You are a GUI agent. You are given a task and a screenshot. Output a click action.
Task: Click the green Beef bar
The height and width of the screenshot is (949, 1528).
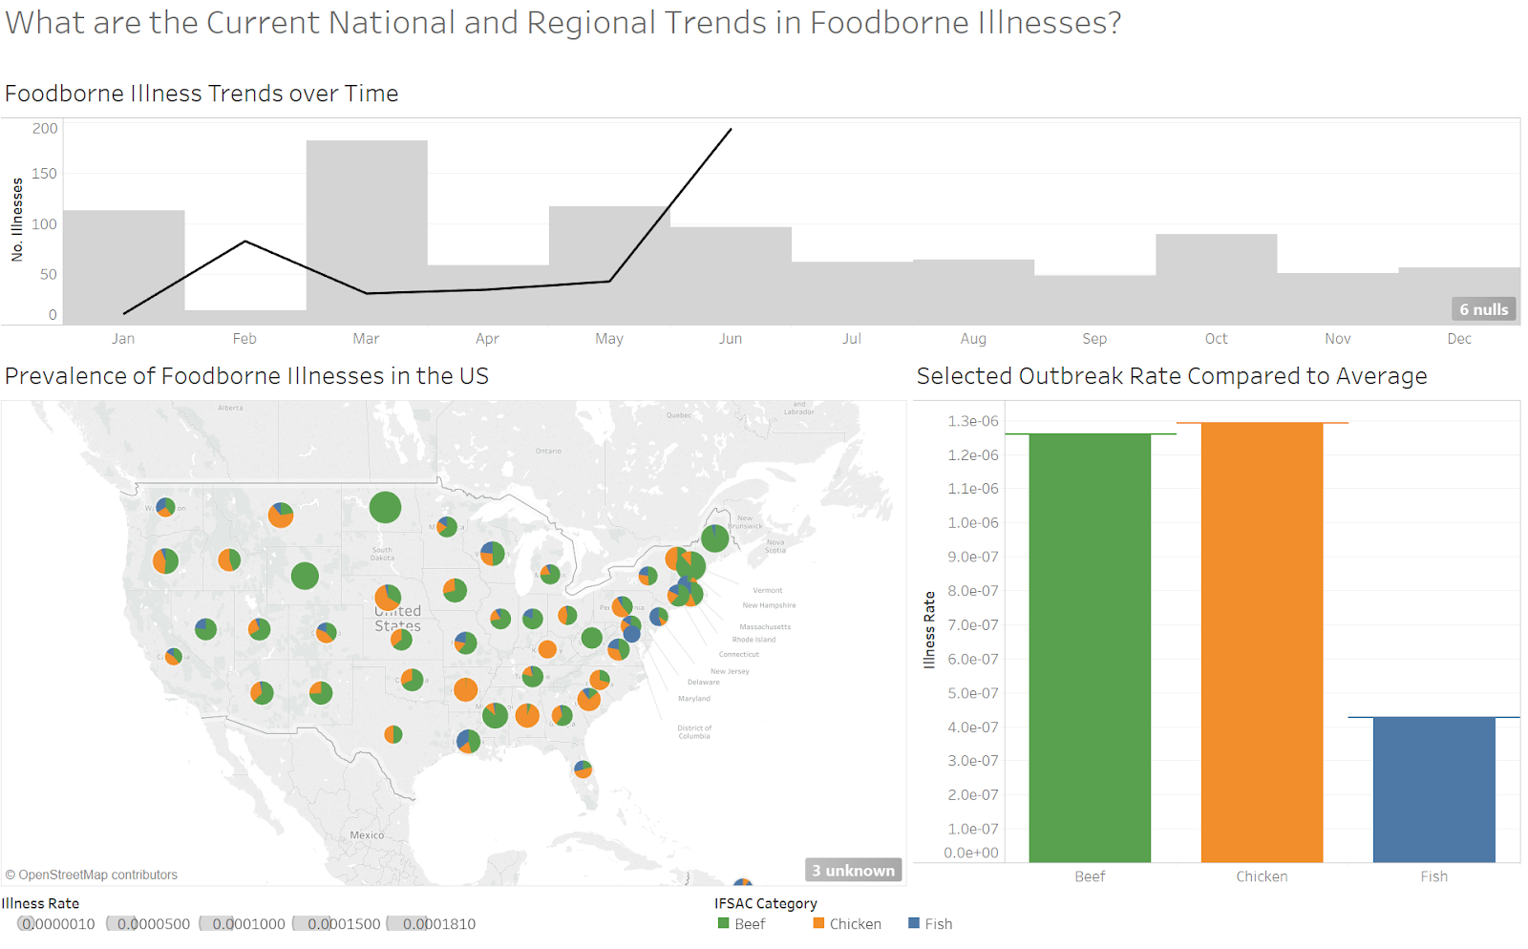pyautogui.click(x=1090, y=649)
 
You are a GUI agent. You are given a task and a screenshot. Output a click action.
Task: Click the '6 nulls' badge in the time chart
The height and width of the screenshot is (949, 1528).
pyautogui.click(x=1483, y=309)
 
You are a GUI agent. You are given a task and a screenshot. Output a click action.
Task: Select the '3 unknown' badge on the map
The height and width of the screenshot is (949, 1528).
pyautogui.click(x=853, y=870)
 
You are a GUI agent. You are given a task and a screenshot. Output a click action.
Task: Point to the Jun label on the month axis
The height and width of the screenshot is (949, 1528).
pyautogui.click(x=731, y=339)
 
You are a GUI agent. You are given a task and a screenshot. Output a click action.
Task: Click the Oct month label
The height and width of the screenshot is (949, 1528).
pyautogui.click(x=1216, y=339)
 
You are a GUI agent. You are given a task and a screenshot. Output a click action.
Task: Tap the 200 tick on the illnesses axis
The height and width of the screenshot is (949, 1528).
pyautogui.click(x=45, y=129)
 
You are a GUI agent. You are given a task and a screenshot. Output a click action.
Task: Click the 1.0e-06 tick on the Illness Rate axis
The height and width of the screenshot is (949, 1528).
pyautogui.click(x=972, y=523)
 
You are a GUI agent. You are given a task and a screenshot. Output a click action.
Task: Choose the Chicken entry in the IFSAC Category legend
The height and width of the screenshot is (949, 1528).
pyautogui.click(x=854, y=924)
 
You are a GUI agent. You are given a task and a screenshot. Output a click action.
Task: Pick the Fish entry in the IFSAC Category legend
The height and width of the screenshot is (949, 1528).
pyautogui.click(x=937, y=924)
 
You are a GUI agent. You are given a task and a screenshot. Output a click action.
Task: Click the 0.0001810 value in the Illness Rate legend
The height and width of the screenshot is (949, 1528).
pyautogui.click(x=438, y=924)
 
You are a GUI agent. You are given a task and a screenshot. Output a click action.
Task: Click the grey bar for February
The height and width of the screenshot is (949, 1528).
pyautogui.click(x=245, y=317)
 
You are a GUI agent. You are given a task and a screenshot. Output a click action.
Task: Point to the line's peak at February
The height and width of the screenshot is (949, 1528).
pyautogui.click(x=245, y=242)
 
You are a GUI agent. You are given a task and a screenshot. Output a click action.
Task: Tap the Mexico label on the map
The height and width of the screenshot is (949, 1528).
pyautogui.click(x=367, y=835)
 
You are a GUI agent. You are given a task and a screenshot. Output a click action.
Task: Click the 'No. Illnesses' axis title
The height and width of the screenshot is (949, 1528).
pyautogui.click(x=17, y=220)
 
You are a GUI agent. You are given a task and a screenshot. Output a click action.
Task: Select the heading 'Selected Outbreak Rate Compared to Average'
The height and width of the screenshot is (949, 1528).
pyautogui.click(x=1171, y=376)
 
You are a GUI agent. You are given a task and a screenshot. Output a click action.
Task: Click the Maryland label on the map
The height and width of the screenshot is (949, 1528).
pyautogui.click(x=694, y=699)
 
